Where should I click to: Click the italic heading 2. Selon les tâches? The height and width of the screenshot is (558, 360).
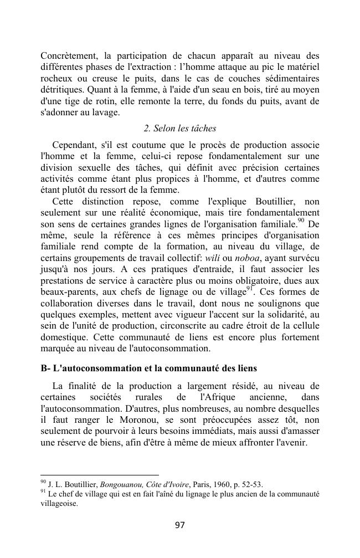click(179, 129)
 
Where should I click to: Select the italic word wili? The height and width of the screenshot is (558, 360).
click(212, 258)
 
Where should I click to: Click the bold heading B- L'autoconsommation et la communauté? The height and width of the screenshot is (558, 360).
click(148, 368)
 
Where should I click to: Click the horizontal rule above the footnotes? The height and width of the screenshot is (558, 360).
click(100, 475)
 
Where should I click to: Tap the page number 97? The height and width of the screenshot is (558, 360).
click(179, 525)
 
